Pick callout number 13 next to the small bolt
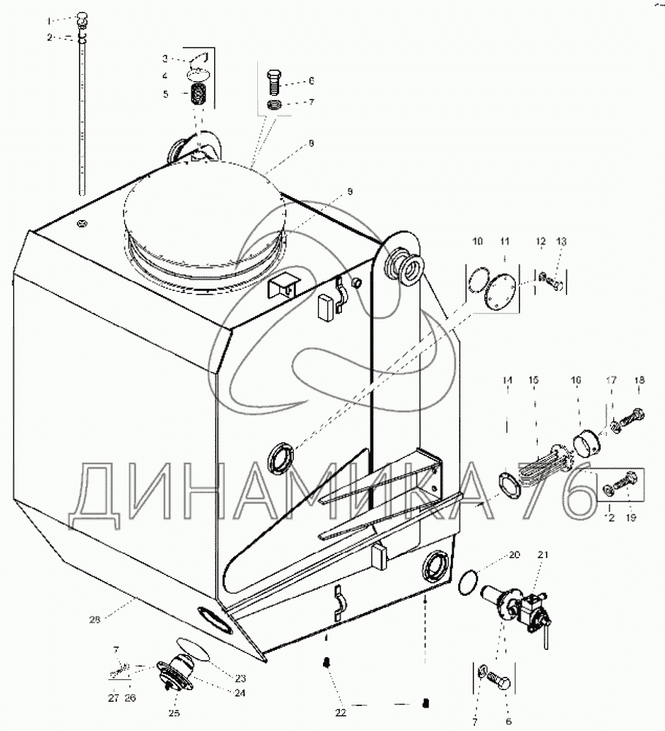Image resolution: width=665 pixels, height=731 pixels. (561, 241)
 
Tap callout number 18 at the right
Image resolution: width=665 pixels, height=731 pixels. (639, 380)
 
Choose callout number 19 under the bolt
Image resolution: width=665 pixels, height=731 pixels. (631, 518)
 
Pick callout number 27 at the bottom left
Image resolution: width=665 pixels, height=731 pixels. (113, 698)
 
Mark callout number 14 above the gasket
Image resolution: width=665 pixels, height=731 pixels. (507, 381)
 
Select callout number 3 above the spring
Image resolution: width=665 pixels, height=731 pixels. (165, 57)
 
